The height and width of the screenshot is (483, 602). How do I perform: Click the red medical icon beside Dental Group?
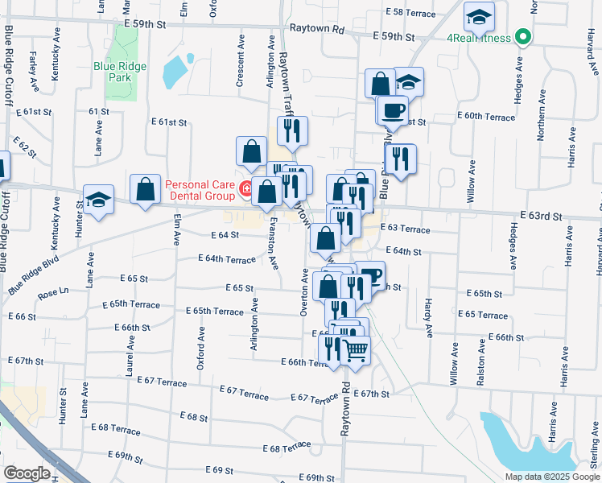(x=246, y=190)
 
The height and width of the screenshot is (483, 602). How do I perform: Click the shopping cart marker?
(x=356, y=349)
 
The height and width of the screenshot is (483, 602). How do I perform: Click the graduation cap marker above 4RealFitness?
(x=480, y=16)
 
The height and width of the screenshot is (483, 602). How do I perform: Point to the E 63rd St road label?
(x=541, y=216)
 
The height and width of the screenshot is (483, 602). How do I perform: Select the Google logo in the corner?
(x=27, y=473)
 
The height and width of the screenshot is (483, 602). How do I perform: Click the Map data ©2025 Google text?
(x=553, y=477)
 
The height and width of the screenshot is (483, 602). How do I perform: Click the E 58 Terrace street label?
(x=410, y=13)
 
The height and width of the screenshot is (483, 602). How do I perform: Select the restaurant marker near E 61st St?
(x=293, y=130)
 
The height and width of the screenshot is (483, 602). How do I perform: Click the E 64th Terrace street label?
(x=227, y=259)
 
